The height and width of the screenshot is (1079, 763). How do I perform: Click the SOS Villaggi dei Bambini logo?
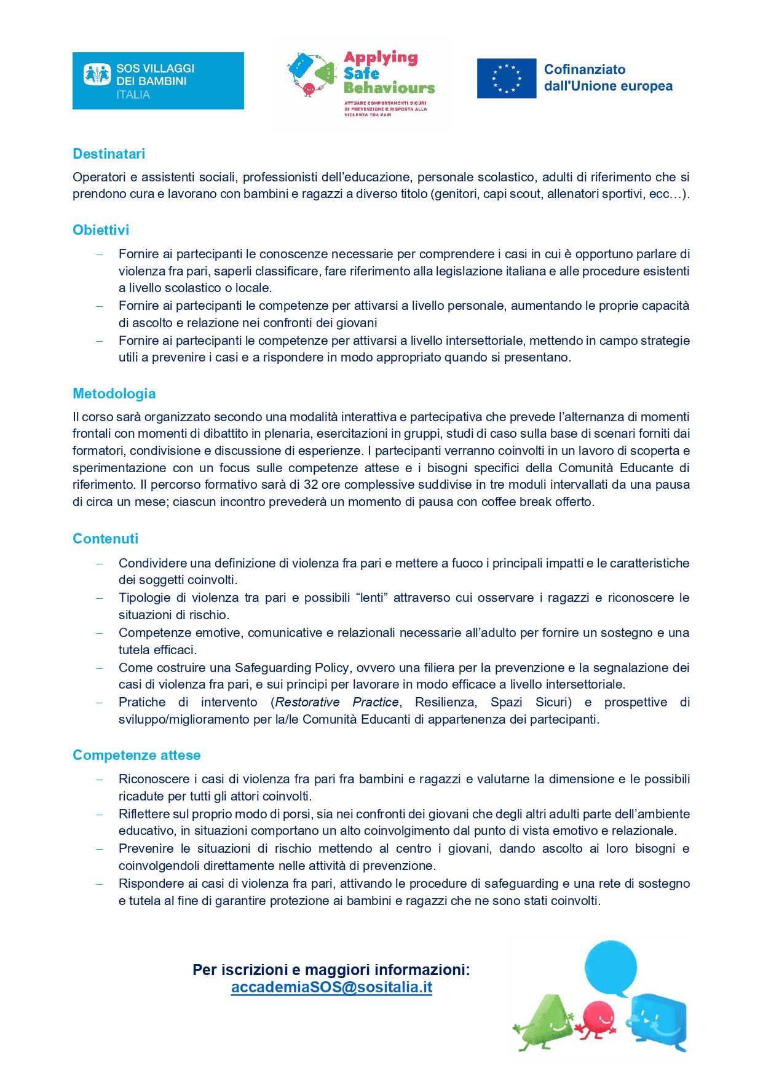click(x=158, y=81)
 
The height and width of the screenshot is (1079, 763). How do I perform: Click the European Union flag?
click(x=506, y=79)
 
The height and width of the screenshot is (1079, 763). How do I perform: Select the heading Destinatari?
click(x=109, y=154)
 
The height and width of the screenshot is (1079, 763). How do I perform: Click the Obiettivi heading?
click(x=101, y=230)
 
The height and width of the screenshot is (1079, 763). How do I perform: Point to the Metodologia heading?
click(x=114, y=393)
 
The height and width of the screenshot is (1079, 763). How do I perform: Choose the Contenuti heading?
click(x=106, y=539)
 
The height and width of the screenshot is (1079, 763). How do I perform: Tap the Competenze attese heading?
click(x=136, y=755)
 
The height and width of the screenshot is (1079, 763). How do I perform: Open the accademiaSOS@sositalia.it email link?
click(x=331, y=987)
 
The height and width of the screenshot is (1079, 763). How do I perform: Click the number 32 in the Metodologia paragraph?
click(x=310, y=484)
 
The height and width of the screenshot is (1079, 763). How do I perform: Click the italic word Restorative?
click(x=307, y=702)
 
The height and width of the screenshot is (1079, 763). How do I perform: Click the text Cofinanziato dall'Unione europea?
click(x=607, y=78)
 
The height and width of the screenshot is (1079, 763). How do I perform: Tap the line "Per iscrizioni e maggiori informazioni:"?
click(x=331, y=970)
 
